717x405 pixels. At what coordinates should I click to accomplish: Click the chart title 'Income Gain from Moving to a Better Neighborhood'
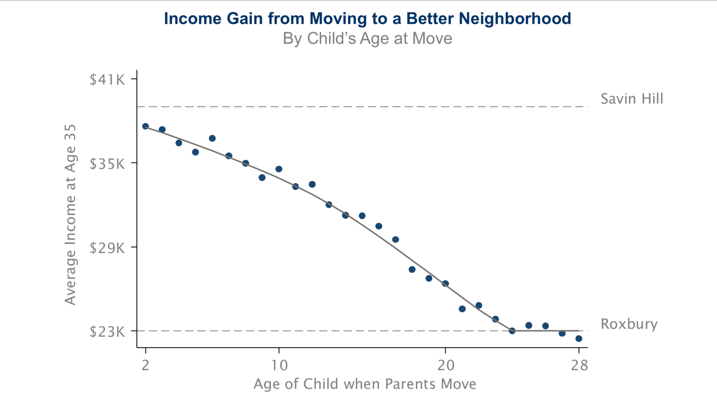pos(367,18)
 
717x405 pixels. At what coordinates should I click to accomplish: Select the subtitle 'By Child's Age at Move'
pos(367,39)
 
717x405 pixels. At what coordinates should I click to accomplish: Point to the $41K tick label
pos(107,79)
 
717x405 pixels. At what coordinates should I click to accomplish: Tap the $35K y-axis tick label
pos(107,164)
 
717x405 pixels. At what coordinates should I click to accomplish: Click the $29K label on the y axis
pos(107,248)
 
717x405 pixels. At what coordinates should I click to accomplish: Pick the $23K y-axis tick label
pos(107,332)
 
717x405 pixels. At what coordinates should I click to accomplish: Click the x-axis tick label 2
pos(146,365)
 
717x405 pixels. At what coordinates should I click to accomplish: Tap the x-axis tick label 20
pos(446,365)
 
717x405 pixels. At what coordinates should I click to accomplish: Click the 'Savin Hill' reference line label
pos(632,99)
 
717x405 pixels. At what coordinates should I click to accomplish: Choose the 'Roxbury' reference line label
pos(629,324)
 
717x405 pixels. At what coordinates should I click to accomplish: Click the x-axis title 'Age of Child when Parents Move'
pos(365,384)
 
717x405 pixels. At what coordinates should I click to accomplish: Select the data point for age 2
pos(146,126)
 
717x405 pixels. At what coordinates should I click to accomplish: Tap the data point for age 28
pos(579,338)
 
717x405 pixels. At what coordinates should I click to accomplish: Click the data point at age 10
pos(279,169)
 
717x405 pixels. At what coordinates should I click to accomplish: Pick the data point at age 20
pos(445,284)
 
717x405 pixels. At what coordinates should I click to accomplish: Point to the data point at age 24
pos(512,331)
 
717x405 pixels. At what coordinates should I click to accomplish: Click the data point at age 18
pos(412,269)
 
